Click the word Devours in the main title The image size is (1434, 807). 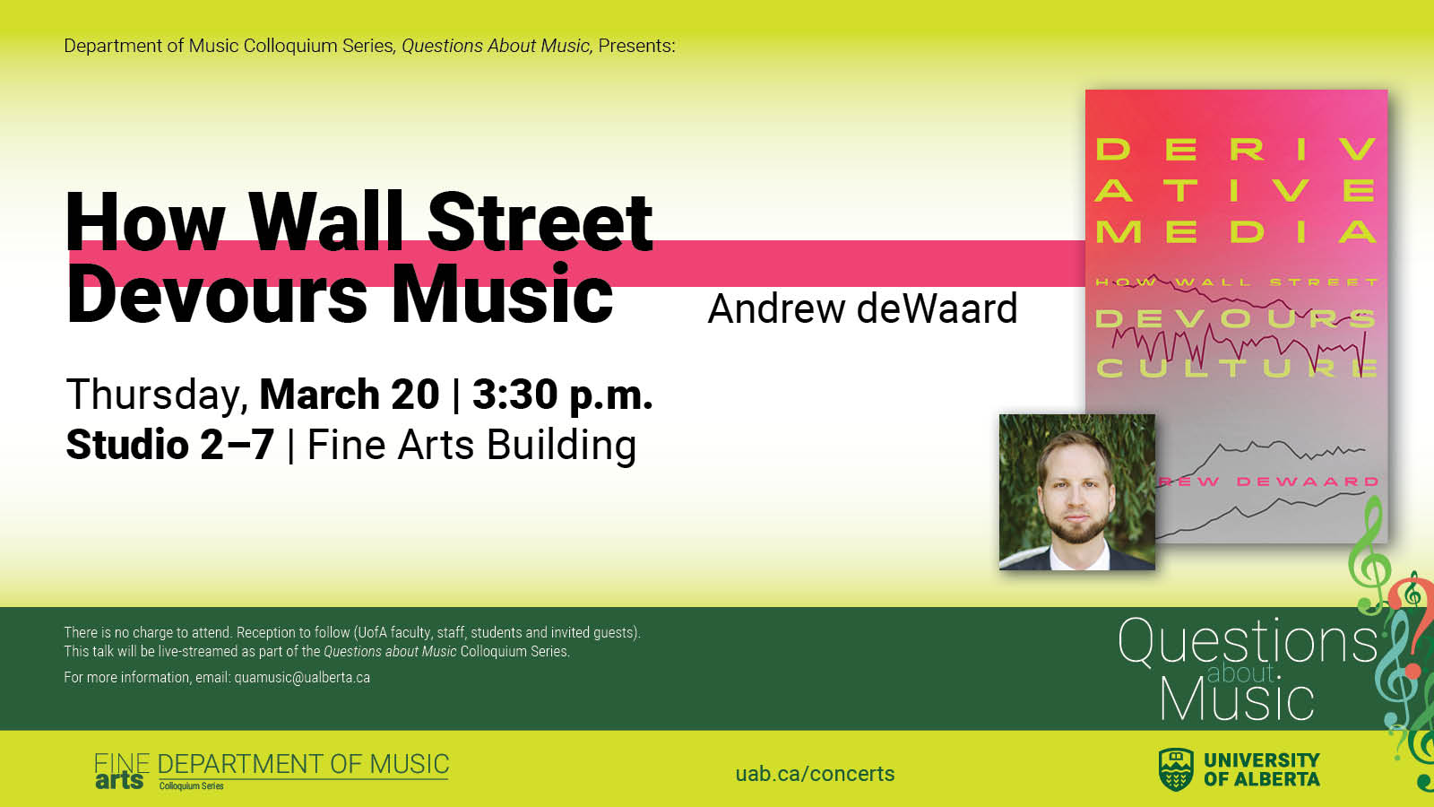tap(217, 294)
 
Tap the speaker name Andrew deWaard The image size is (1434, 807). tap(862, 308)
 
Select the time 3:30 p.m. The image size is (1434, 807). tap(563, 395)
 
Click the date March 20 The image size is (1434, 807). tap(349, 395)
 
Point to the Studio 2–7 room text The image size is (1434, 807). tap(170, 445)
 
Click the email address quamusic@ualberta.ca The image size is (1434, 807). tap(302, 678)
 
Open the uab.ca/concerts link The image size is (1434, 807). tap(815, 774)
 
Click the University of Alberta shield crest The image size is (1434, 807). tap(1176, 769)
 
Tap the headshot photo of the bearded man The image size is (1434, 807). tap(1077, 492)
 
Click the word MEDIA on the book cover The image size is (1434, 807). tap(1236, 232)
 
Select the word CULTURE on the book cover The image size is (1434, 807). tap(1236, 368)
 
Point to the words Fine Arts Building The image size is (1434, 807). tap(471, 445)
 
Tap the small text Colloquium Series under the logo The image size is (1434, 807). tap(192, 785)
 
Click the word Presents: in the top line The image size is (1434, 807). tap(636, 46)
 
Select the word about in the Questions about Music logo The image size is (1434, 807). tap(1240, 673)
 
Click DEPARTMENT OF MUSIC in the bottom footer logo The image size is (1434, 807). tap(304, 764)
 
